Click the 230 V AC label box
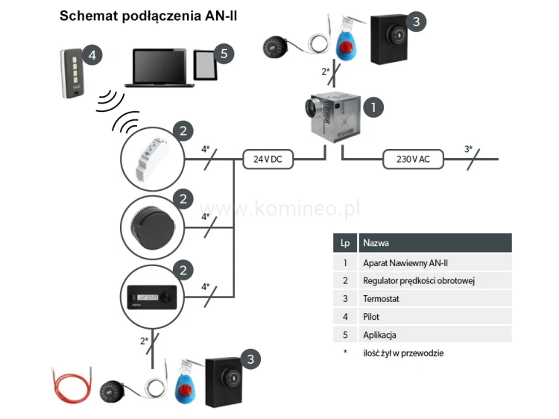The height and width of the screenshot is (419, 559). (x=411, y=158)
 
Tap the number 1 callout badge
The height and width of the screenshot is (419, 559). (x=373, y=107)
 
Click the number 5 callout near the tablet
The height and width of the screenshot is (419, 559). (x=224, y=54)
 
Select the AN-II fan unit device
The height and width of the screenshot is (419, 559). (x=334, y=118)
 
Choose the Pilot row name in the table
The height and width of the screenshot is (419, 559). (x=371, y=316)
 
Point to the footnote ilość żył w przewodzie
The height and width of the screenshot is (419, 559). (x=402, y=353)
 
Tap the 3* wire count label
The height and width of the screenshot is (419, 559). (x=468, y=149)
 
